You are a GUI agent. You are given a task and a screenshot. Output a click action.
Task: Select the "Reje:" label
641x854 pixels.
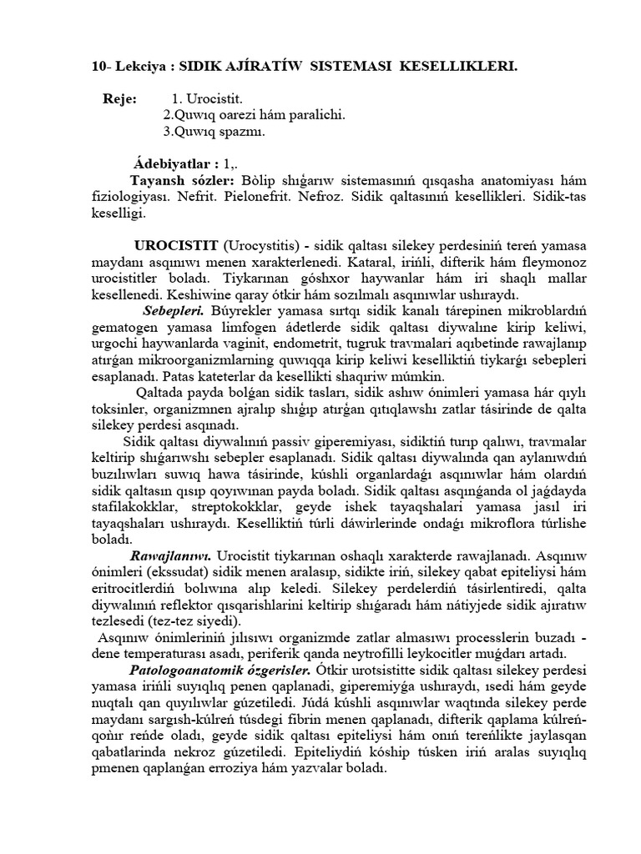119,99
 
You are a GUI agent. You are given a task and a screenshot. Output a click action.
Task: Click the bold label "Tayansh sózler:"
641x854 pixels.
184,180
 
